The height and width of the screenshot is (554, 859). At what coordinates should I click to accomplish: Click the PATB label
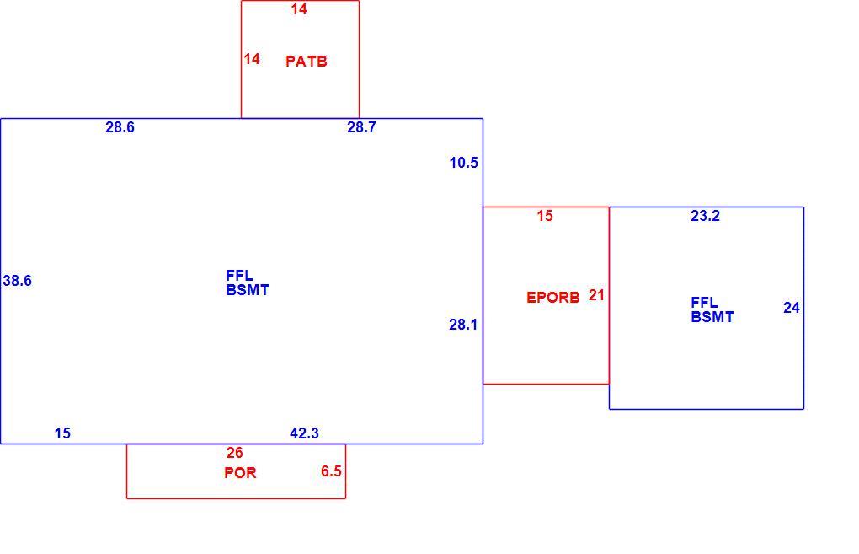[307, 61]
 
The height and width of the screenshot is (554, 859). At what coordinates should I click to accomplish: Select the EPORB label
[552, 298]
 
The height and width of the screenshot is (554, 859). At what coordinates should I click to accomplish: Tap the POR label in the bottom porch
[240, 473]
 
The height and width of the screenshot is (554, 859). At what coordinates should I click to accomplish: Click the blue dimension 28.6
[120, 127]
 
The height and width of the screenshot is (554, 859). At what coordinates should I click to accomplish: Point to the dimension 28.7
[361, 127]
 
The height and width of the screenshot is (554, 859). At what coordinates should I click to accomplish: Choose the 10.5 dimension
[463, 163]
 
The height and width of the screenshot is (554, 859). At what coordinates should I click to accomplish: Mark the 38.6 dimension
[18, 281]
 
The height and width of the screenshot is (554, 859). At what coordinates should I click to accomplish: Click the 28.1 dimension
[463, 325]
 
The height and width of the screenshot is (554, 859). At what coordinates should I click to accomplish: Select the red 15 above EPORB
[545, 216]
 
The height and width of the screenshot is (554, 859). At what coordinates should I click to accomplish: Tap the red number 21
[596, 295]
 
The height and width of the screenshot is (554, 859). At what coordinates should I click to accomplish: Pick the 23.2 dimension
[705, 216]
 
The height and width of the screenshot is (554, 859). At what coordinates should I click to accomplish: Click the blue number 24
[792, 309]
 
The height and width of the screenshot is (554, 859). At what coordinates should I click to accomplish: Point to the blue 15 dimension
[62, 433]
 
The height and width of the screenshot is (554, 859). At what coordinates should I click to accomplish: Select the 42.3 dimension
[304, 433]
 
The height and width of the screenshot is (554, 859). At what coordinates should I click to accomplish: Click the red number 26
[234, 453]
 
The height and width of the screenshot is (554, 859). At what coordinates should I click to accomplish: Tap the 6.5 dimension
[331, 471]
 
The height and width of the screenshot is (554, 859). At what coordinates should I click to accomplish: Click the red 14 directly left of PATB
[252, 59]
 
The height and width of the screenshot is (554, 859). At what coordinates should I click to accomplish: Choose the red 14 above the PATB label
[299, 9]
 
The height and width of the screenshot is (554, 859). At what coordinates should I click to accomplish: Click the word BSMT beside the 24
[712, 317]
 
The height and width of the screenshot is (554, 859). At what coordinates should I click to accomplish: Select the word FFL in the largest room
[239, 276]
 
